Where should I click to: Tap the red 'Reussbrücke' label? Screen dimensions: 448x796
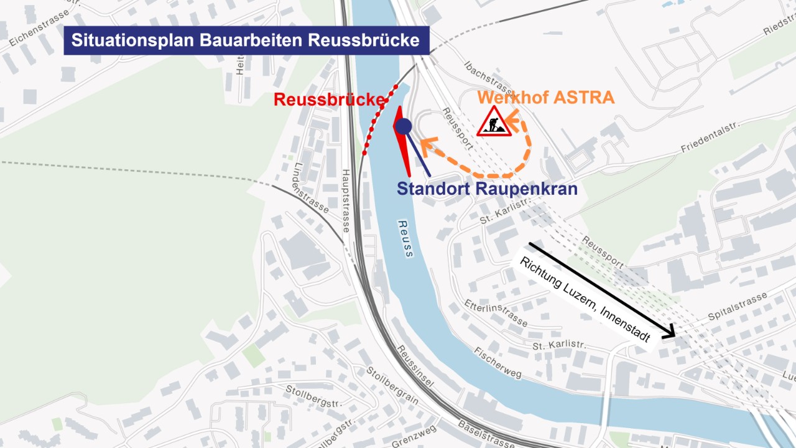[329, 100]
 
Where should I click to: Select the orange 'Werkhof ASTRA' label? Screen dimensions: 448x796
[546, 97]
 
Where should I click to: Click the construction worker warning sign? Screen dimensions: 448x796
[494, 122]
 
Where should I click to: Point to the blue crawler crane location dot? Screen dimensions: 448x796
[404, 126]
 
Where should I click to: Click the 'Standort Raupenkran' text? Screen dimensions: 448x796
[487, 189]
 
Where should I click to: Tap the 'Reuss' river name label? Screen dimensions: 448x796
[405, 238]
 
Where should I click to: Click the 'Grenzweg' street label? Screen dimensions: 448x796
[415, 437]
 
